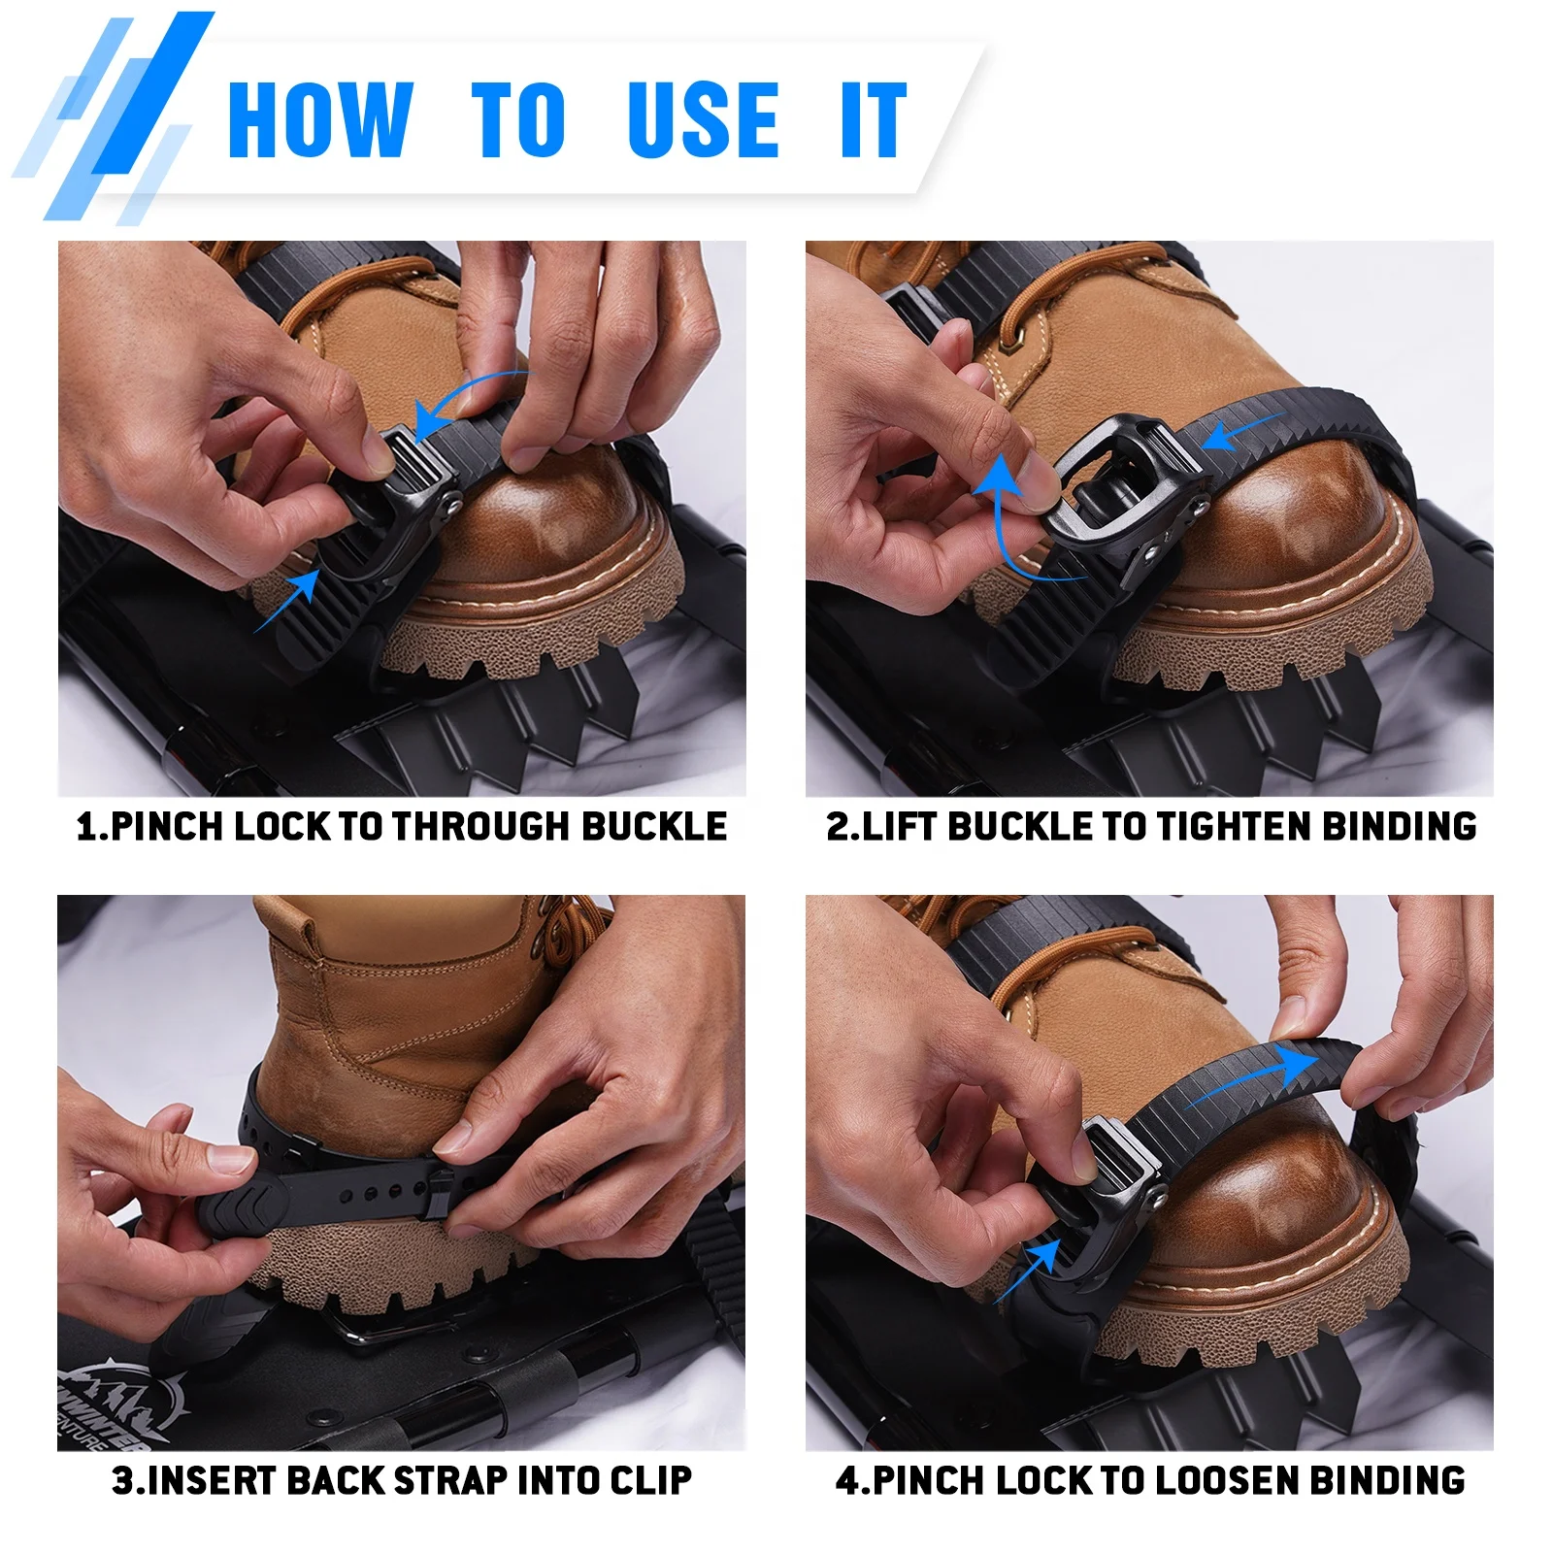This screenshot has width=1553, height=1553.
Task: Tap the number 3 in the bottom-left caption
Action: point(122,1480)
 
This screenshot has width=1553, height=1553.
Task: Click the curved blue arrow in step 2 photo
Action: point(1009,524)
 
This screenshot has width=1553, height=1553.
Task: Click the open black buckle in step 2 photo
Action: point(1126,476)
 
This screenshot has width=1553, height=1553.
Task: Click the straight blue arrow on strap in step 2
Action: point(1242,432)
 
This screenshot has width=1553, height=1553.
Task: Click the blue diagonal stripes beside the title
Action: point(116,116)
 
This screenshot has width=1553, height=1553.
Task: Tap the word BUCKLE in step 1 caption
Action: point(654,826)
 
